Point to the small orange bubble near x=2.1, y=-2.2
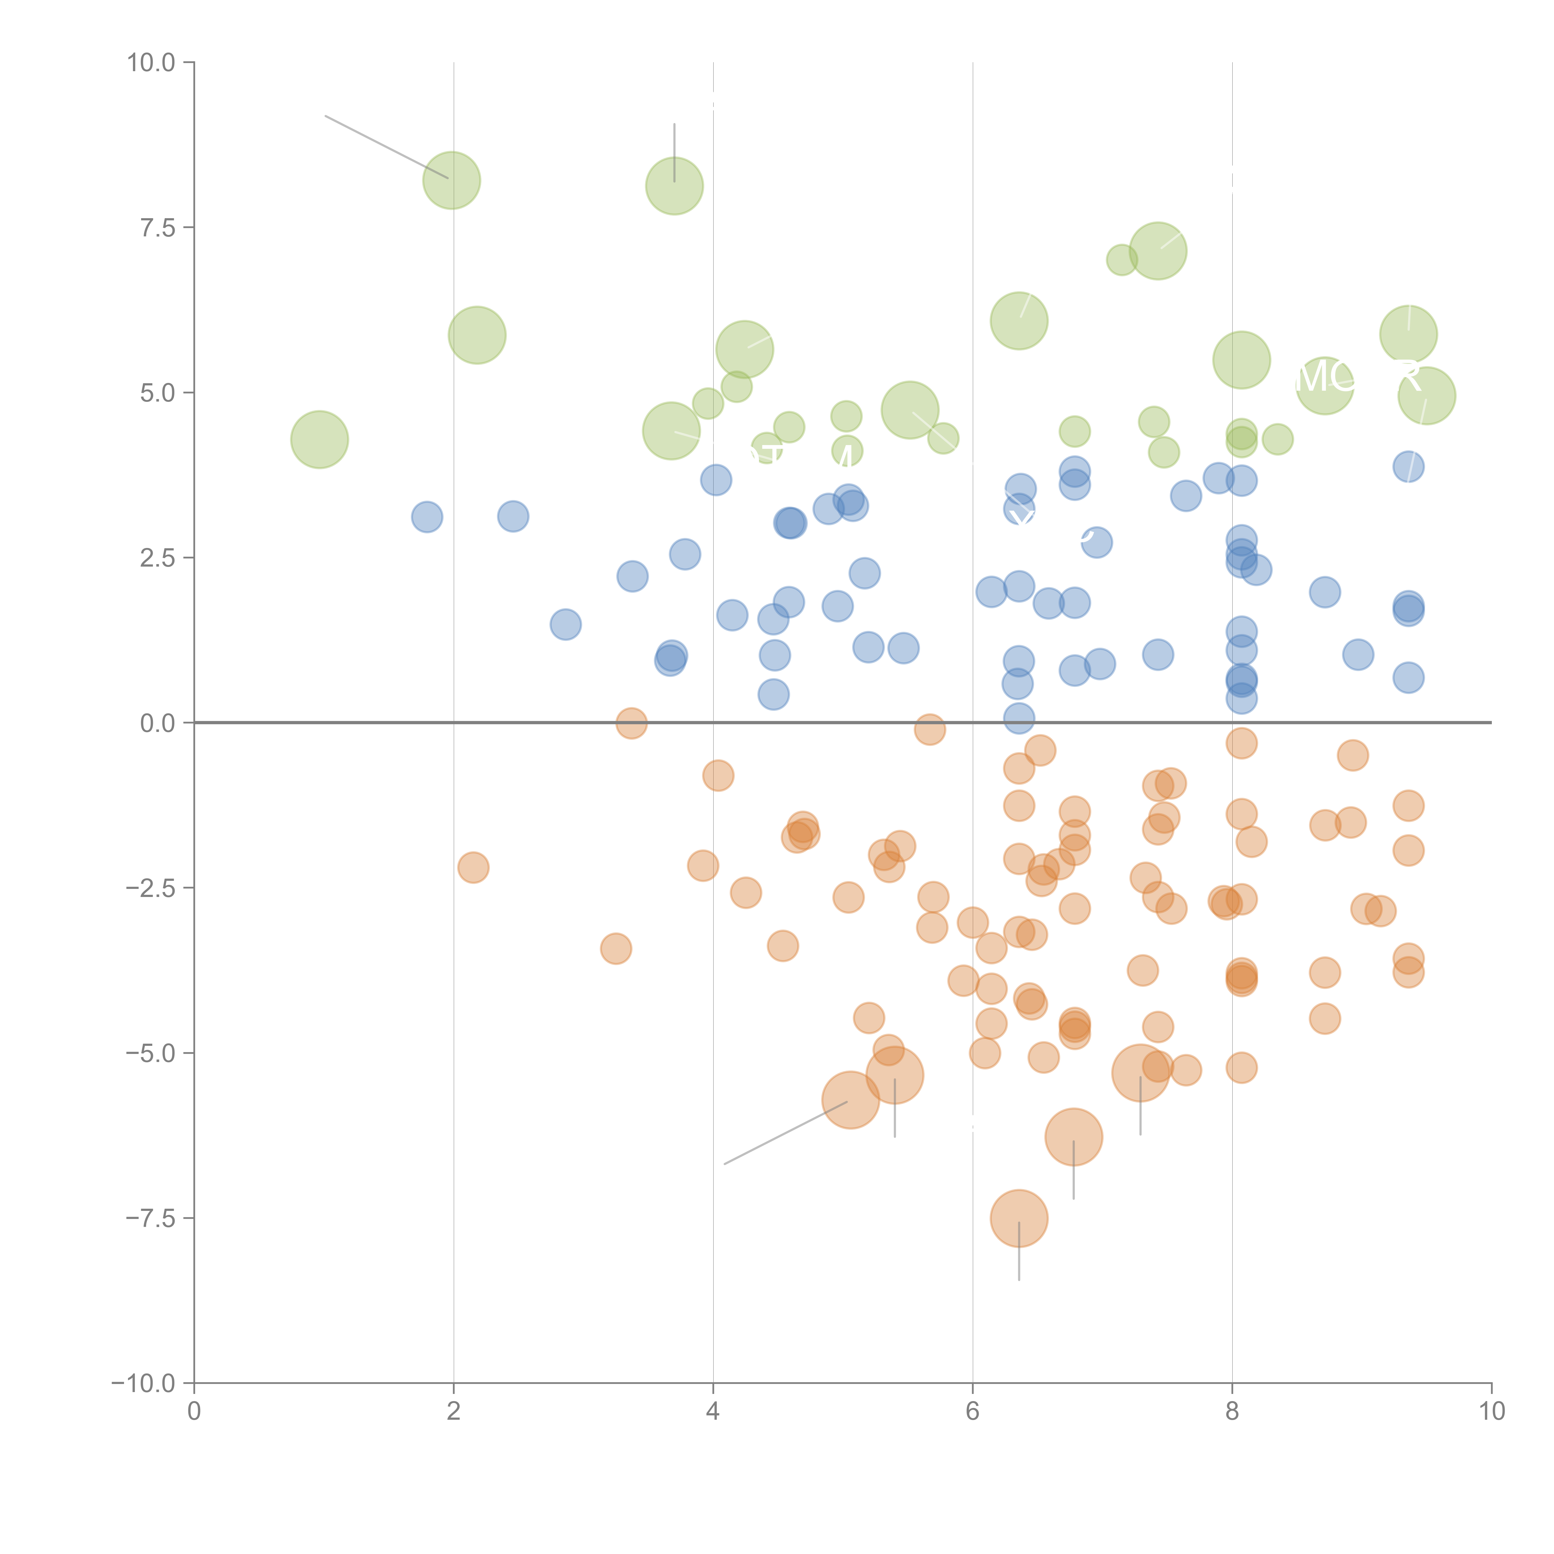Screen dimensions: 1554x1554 click(x=473, y=867)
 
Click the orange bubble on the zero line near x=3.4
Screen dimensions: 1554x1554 click(x=632, y=723)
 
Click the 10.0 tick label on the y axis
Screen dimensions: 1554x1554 click(x=151, y=63)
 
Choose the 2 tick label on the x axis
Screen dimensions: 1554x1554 click(x=454, y=1412)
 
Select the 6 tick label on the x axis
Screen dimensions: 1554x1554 click(x=972, y=1412)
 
